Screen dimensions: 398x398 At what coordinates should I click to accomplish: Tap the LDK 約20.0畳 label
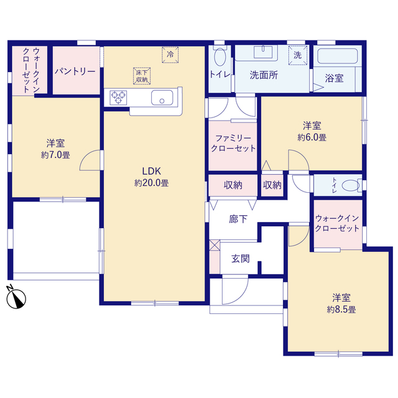[152, 177]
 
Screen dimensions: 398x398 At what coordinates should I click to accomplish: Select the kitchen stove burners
[118, 98]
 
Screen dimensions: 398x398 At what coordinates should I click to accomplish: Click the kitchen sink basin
[162, 98]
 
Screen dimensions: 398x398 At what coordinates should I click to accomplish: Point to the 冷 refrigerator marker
[170, 54]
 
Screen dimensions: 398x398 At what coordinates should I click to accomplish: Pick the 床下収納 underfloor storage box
[142, 76]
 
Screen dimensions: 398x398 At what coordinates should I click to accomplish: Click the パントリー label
[75, 72]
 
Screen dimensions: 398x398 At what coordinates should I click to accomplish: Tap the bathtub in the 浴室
[338, 57]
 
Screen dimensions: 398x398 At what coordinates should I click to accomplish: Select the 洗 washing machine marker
[298, 55]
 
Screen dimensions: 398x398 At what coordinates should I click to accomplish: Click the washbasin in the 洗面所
[263, 52]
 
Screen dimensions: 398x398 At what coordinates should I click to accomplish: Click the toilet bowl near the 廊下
[351, 185]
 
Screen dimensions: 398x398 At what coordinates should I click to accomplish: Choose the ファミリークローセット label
[233, 143]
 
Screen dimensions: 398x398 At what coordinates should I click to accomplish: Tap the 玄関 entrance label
[241, 259]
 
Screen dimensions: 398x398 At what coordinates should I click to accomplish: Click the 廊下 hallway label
[238, 219]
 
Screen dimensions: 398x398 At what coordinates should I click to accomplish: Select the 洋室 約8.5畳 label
[341, 303]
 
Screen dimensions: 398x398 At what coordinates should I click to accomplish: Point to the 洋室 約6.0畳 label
[312, 131]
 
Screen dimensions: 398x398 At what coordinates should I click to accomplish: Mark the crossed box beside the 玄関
[215, 245]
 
